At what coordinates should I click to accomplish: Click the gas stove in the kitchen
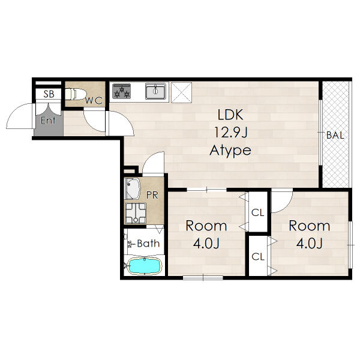tap(121, 91)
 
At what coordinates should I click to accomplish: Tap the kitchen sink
tap(155, 91)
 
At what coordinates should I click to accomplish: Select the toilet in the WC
tap(76, 94)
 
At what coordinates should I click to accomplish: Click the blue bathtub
tap(145, 266)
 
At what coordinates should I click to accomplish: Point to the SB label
tap(49, 94)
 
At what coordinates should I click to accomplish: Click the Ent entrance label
tap(48, 120)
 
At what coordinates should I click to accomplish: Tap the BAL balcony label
tap(335, 135)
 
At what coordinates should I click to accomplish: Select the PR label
tap(152, 195)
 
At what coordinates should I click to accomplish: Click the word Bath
tap(148, 244)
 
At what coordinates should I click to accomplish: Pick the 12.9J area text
tap(231, 133)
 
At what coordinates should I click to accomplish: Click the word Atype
tap(230, 151)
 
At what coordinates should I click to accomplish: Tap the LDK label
tap(230, 115)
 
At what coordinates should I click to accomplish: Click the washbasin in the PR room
tap(133, 189)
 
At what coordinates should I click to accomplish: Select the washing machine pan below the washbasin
tap(135, 213)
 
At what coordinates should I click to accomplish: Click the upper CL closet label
tap(257, 213)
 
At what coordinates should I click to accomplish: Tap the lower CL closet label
tap(258, 257)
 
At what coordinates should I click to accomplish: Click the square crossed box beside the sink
tap(182, 92)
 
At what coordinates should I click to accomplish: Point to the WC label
tap(94, 101)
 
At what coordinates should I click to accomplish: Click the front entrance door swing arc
tap(14, 110)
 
